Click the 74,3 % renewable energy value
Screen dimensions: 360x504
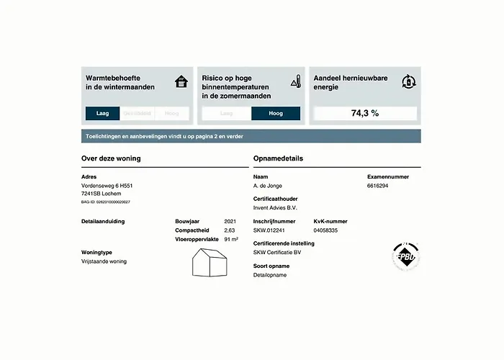(x=364, y=113)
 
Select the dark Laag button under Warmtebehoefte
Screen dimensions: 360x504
(x=102, y=113)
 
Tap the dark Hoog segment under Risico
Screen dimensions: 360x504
(x=275, y=113)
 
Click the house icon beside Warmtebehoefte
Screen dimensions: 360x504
(x=181, y=81)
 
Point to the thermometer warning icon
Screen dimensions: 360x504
(x=295, y=81)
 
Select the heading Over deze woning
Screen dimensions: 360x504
(x=111, y=158)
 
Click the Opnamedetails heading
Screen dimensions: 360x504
(x=278, y=158)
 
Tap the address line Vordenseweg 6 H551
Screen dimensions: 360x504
(x=107, y=185)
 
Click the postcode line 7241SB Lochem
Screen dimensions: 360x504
(x=102, y=193)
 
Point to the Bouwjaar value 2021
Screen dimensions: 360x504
(x=230, y=221)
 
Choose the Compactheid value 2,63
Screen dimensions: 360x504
(x=230, y=230)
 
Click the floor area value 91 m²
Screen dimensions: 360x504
(x=231, y=238)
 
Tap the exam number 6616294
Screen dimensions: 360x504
(x=378, y=185)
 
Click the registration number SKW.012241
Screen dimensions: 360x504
(x=269, y=230)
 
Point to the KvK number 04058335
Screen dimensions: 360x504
(x=325, y=230)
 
